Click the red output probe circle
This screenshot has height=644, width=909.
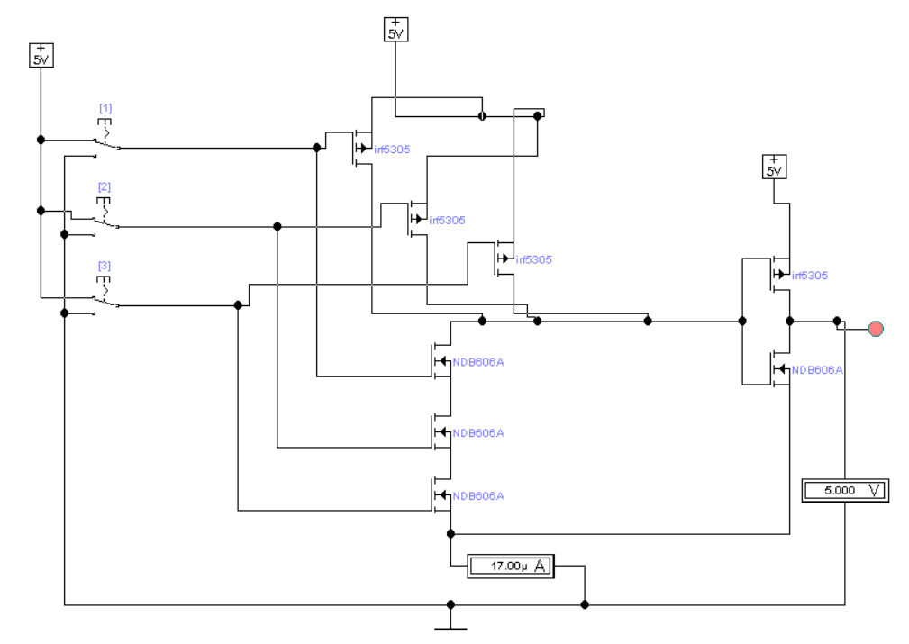tap(876, 330)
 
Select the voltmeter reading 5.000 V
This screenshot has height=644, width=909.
tap(845, 490)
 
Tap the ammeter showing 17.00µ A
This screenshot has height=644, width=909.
tap(511, 566)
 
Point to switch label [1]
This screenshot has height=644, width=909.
tap(105, 108)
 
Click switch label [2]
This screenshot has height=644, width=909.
tap(105, 186)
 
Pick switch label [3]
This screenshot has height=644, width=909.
tap(105, 266)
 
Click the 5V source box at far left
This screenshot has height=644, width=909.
tap(41, 55)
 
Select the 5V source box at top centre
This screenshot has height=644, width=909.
tap(396, 30)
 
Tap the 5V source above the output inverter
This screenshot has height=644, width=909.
tap(774, 167)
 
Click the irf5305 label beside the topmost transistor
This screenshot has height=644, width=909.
tap(392, 150)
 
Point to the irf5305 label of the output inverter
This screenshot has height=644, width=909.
tap(810, 276)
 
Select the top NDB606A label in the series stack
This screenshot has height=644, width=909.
tap(478, 362)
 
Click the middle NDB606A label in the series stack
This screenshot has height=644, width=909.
tap(478, 433)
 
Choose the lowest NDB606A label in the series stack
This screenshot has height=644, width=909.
tap(478, 496)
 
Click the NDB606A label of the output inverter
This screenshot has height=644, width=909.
tap(817, 370)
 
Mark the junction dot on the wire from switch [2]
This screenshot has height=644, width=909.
tap(277, 227)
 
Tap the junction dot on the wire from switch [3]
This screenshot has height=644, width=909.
tap(238, 305)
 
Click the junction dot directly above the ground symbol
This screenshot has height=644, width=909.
tap(450, 604)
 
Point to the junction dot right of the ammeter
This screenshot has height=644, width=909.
tap(585, 604)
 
